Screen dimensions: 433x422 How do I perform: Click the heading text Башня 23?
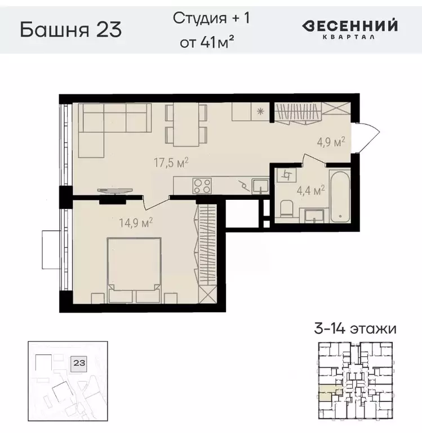tap(70, 29)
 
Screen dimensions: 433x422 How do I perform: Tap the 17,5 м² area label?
tap(171, 163)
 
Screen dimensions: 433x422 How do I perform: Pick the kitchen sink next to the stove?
tap(260, 185)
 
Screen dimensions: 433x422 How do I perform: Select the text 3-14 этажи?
tap(355, 329)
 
